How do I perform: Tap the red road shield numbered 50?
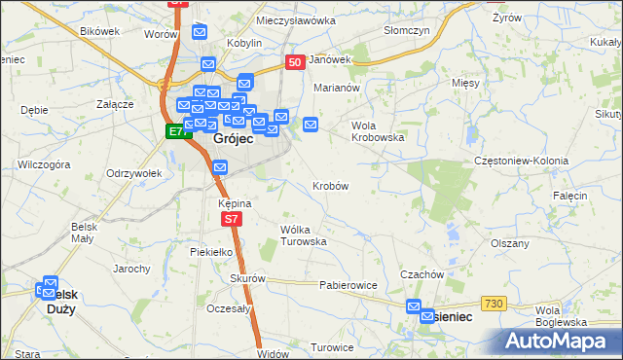(296, 61)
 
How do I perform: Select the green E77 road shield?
(176, 131)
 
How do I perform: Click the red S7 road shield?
(231, 220)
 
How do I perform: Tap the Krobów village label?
(331, 185)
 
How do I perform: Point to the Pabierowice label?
(348, 286)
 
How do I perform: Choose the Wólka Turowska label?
(302, 234)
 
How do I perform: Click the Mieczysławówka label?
(295, 19)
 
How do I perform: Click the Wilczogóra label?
(44, 165)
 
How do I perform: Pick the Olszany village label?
(510, 243)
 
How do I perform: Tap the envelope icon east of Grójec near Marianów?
(311, 124)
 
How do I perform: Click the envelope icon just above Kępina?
(220, 168)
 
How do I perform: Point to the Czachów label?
(421, 274)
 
